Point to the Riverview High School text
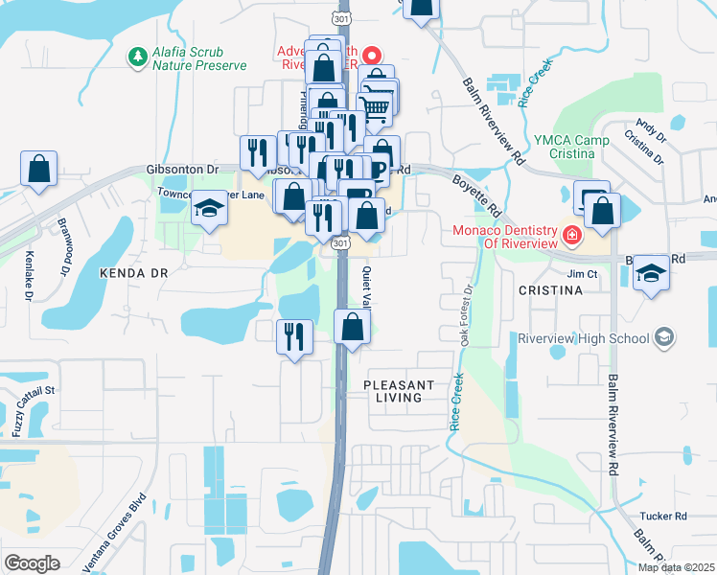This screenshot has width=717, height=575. click(585, 337)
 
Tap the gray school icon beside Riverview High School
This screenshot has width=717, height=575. click(665, 337)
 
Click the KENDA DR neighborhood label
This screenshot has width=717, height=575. click(133, 273)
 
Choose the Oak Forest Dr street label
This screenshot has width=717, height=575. click(466, 310)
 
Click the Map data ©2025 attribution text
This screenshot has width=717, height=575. click(676, 567)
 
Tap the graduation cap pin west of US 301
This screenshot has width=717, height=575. click(209, 209)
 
